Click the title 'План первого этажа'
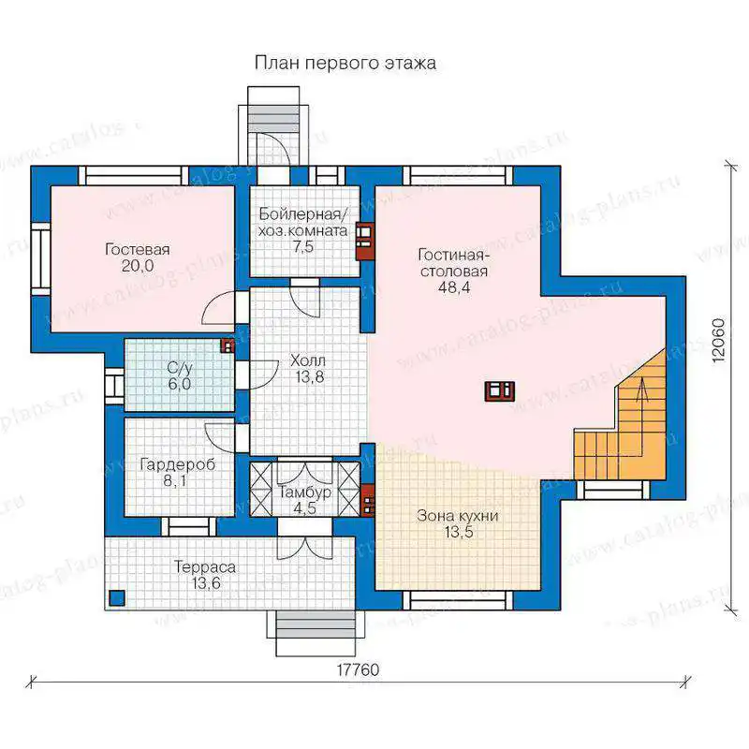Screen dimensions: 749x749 pos(345,64)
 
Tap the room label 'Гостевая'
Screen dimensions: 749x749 pos(138,249)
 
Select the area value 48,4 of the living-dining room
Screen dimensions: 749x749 pos(453,287)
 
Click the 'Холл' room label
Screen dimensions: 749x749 pos(308,360)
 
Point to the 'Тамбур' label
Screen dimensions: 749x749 pos(305,492)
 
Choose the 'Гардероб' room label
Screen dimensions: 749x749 pos(178,464)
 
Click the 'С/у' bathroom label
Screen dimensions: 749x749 pos(180,368)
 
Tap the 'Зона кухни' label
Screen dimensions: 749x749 pos(458,516)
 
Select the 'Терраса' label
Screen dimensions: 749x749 pos(205,567)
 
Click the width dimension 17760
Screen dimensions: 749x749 pos(359,669)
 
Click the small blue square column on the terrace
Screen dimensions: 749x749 pos(117,597)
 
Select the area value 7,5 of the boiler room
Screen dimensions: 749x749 pos(303,247)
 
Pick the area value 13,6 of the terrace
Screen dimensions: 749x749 pos(207,583)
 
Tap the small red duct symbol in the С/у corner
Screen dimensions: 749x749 pos(228,345)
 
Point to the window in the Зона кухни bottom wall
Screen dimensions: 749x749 pos(458,600)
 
